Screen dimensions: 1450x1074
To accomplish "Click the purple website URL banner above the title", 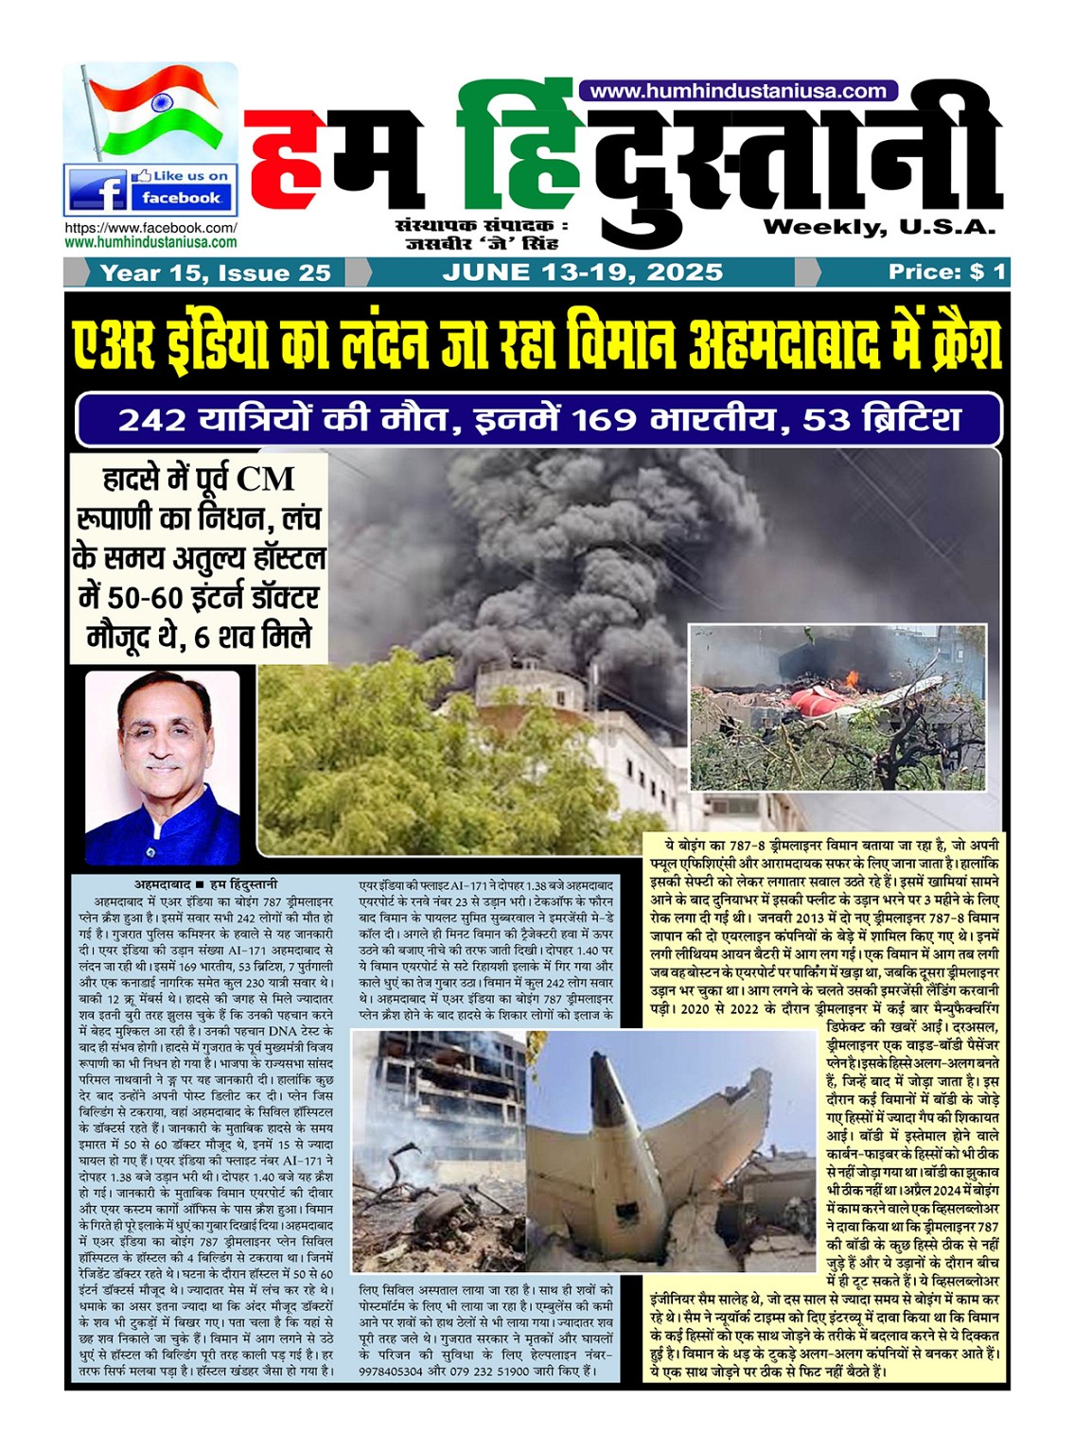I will click(738, 91).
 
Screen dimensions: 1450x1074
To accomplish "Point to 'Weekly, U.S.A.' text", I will click(879, 227).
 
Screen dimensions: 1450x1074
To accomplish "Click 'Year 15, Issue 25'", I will click(215, 273).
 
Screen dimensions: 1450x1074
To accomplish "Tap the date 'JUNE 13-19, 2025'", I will click(582, 272).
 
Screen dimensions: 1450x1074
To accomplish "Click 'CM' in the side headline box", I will click(265, 479).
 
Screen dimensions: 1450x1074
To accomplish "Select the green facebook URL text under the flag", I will click(150, 242).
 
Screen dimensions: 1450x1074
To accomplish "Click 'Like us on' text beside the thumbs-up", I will click(190, 176).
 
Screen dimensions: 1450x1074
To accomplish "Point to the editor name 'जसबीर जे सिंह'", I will click(482, 244).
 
